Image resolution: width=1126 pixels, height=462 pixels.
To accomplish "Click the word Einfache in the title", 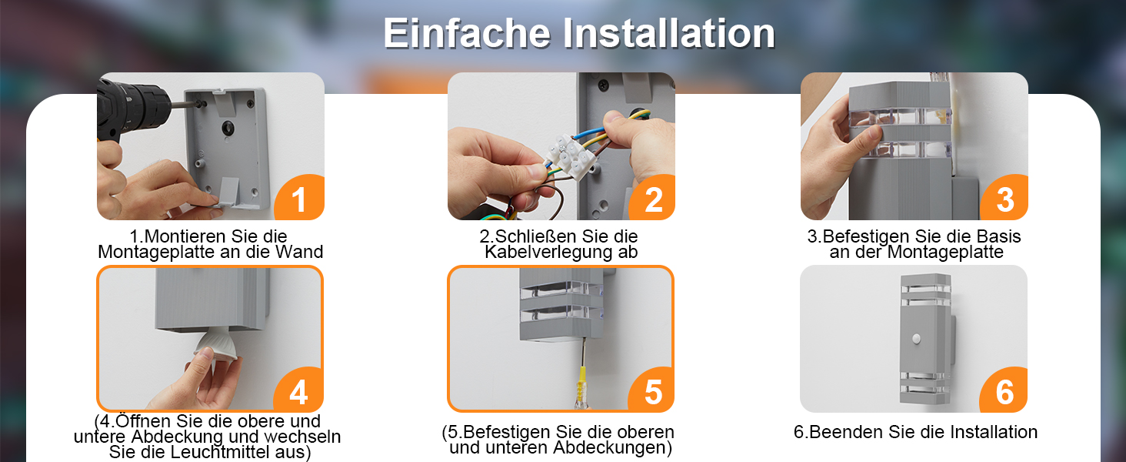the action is click(x=468, y=33).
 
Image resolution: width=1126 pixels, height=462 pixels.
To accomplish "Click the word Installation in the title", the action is click(x=669, y=33).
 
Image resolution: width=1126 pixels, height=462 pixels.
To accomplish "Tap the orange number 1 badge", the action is click(x=300, y=199).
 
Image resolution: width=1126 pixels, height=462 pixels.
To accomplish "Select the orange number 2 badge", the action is click(x=652, y=199).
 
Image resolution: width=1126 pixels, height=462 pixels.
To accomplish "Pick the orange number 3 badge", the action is click(x=1004, y=199).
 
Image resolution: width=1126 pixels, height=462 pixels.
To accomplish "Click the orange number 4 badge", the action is click(x=299, y=390).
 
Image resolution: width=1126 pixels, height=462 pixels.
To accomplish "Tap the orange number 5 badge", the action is click(x=652, y=390).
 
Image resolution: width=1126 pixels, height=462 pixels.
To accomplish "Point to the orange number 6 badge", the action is click(x=1004, y=390).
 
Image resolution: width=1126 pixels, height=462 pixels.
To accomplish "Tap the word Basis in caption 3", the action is click(x=998, y=236).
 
